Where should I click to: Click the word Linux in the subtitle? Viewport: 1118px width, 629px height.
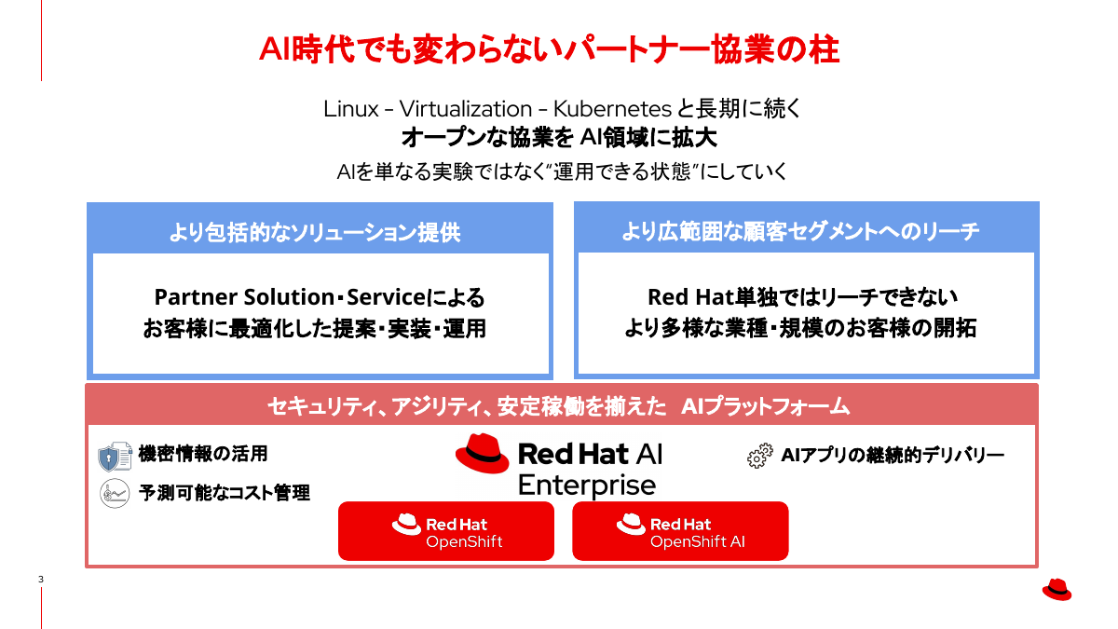coord(351,108)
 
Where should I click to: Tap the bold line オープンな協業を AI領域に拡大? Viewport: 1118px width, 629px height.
coord(559,138)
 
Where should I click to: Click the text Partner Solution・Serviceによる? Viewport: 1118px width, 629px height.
coord(320,297)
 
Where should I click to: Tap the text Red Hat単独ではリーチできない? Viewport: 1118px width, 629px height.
coord(802,297)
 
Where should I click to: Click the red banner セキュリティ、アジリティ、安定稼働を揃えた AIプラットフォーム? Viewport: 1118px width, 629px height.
coord(559,406)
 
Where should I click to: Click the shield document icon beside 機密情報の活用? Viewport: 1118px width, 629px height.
coord(115,457)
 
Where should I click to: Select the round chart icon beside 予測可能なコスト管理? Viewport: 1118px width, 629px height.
coord(115,493)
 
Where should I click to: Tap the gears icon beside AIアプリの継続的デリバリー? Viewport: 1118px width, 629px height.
coord(759,457)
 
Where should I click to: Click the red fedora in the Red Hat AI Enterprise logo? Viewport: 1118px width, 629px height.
coord(482,455)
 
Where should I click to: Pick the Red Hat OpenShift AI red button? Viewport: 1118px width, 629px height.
coord(680,531)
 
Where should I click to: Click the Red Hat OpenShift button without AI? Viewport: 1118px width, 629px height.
coord(446,531)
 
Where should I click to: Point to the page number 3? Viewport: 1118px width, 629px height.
coord(40,580)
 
